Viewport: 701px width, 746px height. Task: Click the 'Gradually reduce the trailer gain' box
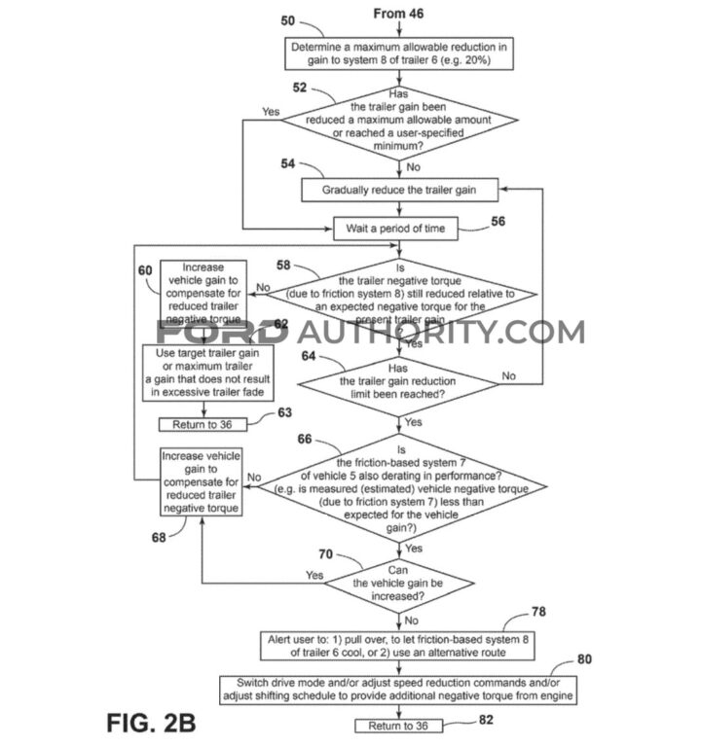coord(400,190)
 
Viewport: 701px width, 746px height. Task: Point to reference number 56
coord(498,221)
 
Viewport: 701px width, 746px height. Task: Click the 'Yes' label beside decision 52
coord(271,112)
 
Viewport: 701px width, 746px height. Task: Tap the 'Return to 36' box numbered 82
coord(397,726)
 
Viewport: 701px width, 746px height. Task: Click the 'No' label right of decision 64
coord(507,375)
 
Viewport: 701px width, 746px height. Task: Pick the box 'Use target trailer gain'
coord(206,373)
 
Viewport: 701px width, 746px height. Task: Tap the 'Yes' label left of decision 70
coord(314,575)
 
